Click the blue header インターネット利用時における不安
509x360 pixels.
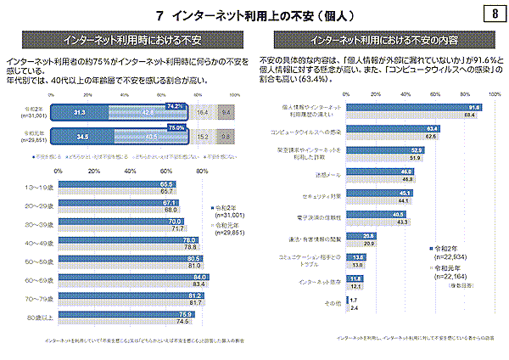pos(128,40)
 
